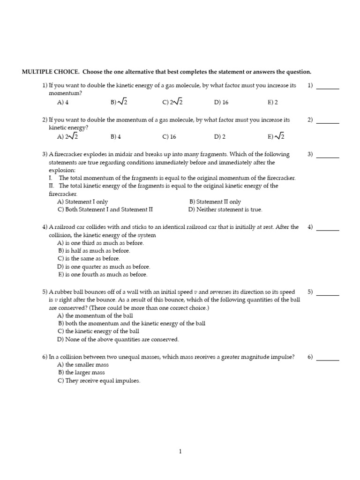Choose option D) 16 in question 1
tap(221, 102)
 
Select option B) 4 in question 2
tap(116, 137)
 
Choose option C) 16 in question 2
tap(169, 137)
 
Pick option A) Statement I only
tap(82, 202)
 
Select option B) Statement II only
tap(215, 202)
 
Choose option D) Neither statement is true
tap(225, 210)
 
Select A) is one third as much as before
tap(101, 243)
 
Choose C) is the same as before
tap(89, 258)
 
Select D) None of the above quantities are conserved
tap(118, 339)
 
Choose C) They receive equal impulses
tap(99, 381)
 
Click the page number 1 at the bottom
tap(180, 451)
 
